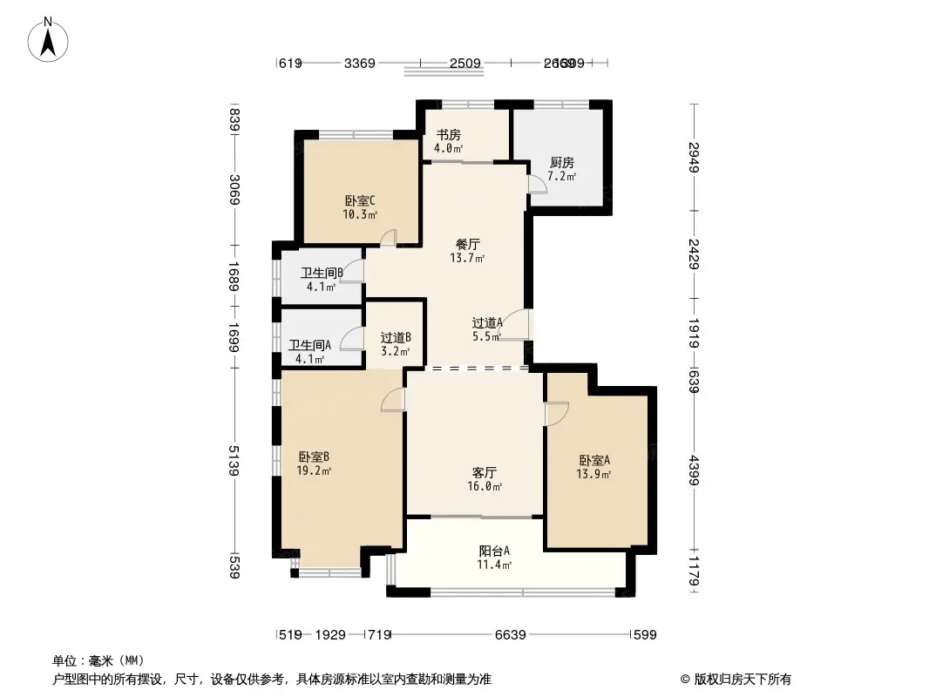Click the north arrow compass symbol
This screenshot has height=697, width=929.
point(50,38)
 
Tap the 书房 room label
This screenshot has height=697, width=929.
point(448,141)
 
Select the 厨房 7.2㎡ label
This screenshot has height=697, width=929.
point(562,169)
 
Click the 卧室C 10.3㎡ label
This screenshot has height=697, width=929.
point(360,206)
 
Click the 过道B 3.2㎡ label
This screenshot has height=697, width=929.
point(396,344)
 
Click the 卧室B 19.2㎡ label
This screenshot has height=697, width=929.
point(313,463)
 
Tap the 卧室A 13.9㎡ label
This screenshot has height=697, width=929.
point(593,467)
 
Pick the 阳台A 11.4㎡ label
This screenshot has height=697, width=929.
point(494,557)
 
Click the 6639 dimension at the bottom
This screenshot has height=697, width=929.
point(511,635)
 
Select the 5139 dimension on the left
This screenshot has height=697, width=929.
point(233,462)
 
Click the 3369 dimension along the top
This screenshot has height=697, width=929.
point(359,63)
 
